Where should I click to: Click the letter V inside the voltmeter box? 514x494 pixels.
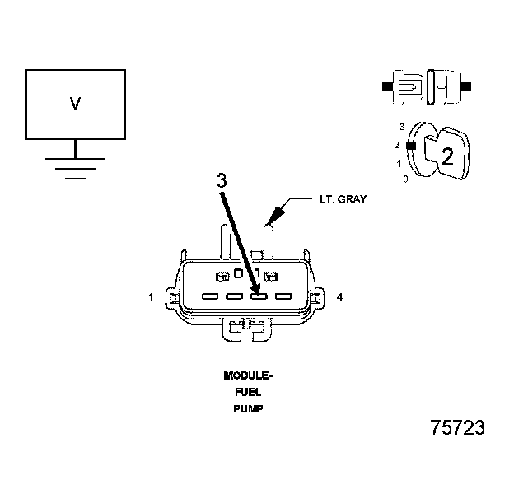[75, 104]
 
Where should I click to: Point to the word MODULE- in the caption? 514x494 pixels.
[248, 375]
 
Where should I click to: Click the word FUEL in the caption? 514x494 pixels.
[248, 392]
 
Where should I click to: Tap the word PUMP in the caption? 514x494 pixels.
[248, 408]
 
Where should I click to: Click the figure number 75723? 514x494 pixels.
[457, 429]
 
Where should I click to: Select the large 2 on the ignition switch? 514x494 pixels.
[447, 156]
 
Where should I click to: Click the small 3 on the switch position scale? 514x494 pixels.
[401, 127]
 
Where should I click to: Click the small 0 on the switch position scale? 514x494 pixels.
[405, 179]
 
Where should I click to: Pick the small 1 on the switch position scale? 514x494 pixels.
[400, 163]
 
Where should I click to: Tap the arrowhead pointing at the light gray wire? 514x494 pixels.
[273, 214]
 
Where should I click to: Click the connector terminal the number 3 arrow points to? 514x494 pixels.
[259, 296]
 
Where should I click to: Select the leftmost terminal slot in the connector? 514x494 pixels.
[209, 296]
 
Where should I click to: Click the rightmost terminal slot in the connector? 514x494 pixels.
[283, 296]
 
